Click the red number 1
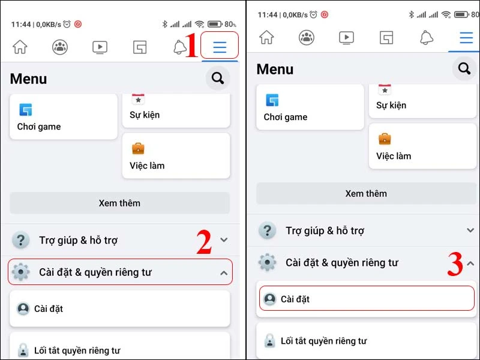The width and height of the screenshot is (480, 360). pos(191,47)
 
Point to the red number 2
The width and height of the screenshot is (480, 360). pos(204,242)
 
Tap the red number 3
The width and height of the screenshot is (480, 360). pos(455,265)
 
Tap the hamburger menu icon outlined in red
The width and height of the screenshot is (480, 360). pos(220,47)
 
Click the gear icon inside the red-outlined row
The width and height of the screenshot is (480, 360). pos(21,272)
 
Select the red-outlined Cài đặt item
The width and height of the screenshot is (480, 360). pos(367,298)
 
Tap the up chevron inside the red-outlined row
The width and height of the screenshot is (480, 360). pos(224,273)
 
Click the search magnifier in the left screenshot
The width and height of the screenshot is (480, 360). pos(218,78)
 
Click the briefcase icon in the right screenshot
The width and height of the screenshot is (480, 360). pos(385,139)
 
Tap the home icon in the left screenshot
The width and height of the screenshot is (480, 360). pos(20,47)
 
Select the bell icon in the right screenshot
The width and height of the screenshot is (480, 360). pos(427,38)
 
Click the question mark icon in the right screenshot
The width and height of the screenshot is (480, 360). pos(268,230)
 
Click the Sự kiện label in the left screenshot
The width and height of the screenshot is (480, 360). pos(145,115)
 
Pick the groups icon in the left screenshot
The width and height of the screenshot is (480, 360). pos(60,47)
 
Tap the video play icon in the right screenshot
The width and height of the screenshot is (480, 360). pos(346,38)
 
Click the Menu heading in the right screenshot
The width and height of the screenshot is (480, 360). pos(275,69)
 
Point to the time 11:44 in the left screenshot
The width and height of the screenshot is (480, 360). pos(22,25)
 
